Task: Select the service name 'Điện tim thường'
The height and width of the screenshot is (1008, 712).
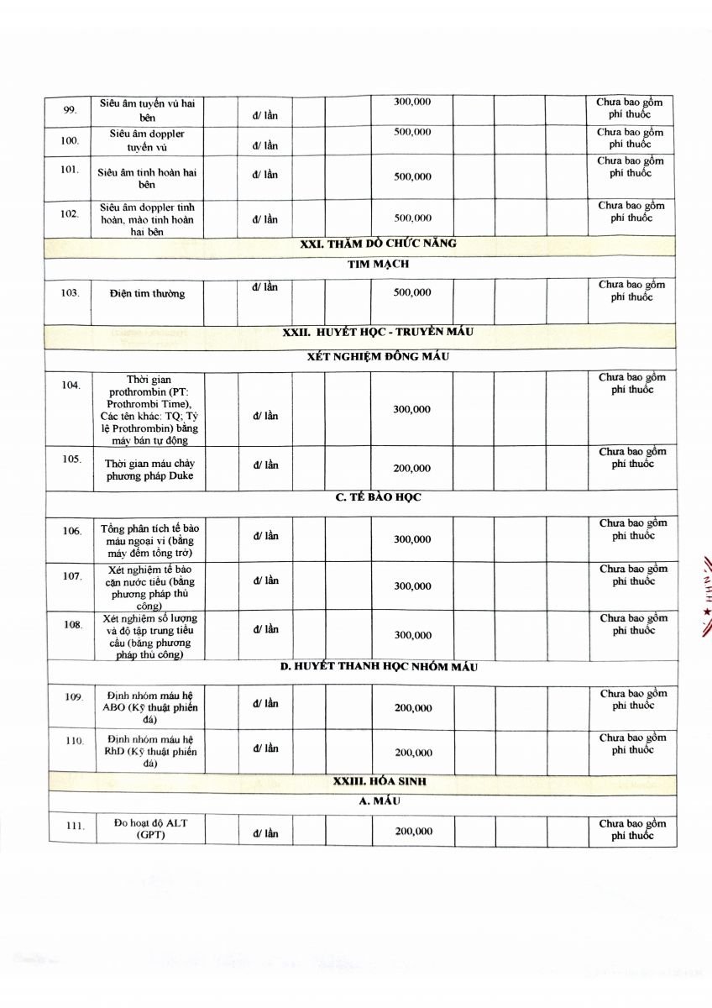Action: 147,293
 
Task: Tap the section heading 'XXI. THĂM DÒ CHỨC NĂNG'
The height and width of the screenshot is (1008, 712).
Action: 379,244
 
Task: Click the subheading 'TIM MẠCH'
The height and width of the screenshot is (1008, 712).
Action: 378,264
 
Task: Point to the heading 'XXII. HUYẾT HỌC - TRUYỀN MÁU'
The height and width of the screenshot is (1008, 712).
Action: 378,332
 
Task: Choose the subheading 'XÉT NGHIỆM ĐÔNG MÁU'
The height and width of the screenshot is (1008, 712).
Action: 378,356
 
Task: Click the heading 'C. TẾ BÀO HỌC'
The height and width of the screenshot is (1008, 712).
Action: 378,497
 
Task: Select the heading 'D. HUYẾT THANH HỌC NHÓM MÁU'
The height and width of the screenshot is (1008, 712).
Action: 379,667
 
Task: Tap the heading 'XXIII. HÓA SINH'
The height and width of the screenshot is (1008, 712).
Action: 380,781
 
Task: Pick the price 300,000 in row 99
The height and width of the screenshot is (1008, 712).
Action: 412,102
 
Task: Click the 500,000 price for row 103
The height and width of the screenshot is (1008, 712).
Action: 412,292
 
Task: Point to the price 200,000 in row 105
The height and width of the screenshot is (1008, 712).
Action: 412,468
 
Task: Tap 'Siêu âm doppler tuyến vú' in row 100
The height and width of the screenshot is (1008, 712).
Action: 147,140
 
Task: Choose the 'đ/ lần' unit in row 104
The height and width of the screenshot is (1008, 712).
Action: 265,416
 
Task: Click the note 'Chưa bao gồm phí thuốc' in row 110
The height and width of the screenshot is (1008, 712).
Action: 632,743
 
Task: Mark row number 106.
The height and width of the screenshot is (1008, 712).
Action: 72,531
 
